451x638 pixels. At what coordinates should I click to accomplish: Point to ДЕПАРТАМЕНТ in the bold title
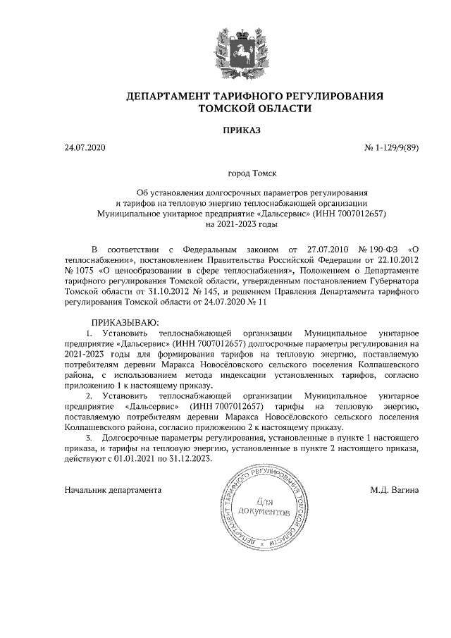point(173,95)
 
